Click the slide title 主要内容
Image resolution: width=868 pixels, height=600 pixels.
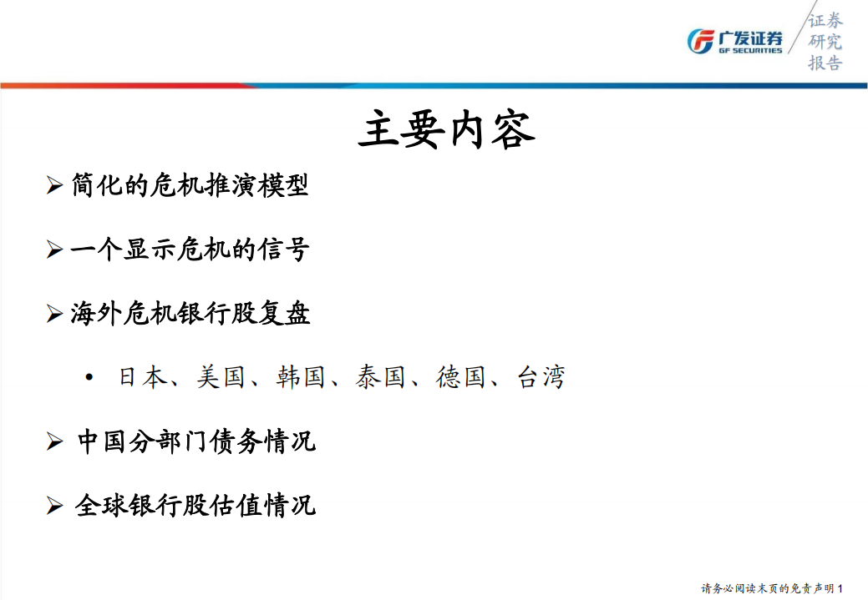click(x=446, y=130)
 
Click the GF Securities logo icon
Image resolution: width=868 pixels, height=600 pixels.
click(x=699, y=41)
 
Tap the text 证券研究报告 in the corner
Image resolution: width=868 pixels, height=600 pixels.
click(x=825, y=42)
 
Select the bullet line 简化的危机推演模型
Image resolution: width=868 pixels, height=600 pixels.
click(x=190, y=184)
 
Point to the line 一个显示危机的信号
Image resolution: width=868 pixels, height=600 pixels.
click(x=190, y=249)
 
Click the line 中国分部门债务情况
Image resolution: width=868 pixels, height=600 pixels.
click(x=196, y=441)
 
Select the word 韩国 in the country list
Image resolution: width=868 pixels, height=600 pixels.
click(x=300, y=377)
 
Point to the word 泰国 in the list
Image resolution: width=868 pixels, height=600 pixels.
click(x=380, y=377)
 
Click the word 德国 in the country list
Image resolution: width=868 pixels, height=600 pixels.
click(x=460, y=377)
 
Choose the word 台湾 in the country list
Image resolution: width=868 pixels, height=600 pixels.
click(x=541, y=377)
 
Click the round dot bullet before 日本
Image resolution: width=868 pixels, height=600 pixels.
click(x=89, y=378)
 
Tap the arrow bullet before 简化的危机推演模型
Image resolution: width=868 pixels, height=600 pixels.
click(x=54, y=185)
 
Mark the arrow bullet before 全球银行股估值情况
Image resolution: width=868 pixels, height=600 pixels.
click(x=54, y=506)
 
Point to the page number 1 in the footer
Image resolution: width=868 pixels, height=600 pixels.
click(x=850, y=588)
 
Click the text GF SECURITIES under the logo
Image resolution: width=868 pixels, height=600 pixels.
click(x=750, y=50)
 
